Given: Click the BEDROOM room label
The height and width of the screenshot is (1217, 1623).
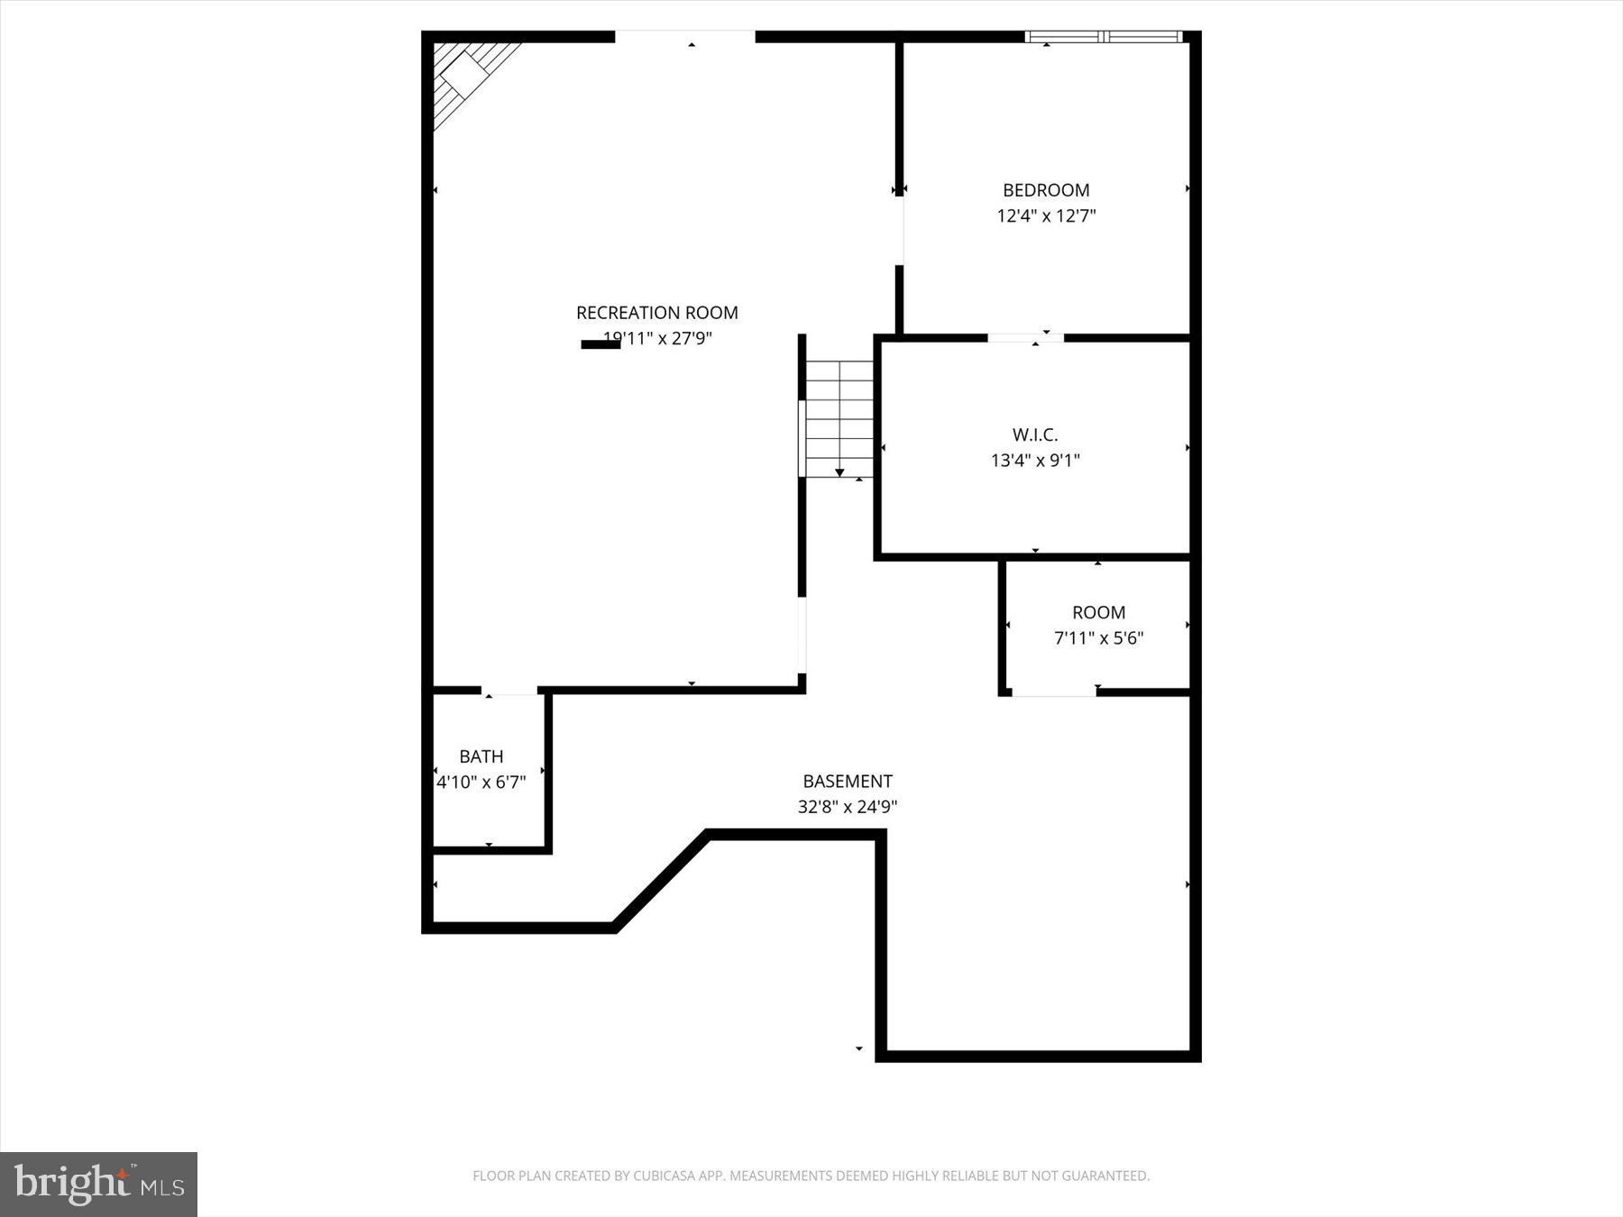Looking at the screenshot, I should (x=1046, y=190).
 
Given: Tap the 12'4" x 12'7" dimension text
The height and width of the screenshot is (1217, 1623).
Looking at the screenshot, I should (x=1046, y=216).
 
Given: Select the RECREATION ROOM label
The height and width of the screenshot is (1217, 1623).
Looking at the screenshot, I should (x=656, y=313).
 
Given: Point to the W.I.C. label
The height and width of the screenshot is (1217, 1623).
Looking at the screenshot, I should (x=1035, y=435).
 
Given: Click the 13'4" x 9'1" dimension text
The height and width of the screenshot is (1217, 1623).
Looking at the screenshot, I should (x=1035, y=461).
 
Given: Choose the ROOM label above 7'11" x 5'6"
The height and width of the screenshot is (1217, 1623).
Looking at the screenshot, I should (x=1098, y=612).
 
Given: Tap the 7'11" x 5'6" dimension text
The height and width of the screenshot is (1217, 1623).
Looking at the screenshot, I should (x=1098, y=638).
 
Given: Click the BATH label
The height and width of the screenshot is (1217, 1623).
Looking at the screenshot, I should (x=481, y=756).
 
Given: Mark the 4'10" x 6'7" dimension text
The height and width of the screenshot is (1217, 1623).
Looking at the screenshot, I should (x=481, y=782).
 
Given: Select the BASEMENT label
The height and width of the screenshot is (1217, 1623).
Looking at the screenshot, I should (x=848, y=781).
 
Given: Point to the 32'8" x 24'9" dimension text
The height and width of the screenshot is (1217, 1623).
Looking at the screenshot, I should (x=848, y=807).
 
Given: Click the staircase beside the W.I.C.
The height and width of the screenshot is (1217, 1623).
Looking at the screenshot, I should (x=839, y=419).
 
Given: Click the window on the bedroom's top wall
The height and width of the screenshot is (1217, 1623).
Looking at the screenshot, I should (x=1104, y=37).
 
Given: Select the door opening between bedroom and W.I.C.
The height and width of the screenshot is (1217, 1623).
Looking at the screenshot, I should (x=1025, y=338).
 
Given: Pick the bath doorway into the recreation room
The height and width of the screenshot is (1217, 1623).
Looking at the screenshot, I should (x=509, y=691).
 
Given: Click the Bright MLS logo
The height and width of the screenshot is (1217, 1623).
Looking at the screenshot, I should (x=98, y=1184).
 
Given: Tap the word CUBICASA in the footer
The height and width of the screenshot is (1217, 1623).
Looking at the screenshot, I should (x=668, y=1176).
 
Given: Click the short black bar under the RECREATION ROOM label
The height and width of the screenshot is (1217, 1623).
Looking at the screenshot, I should (x=601, y=344).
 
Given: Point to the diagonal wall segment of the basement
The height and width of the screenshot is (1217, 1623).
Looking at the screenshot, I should (x=661, y=881).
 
